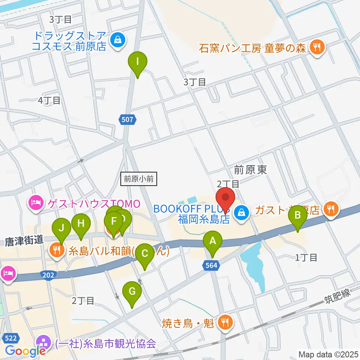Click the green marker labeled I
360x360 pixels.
[x=138, y=61]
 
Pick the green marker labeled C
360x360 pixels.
[x=145, y=254]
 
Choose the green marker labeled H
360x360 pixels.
[x=81, y=225]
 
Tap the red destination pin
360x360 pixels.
[x=225, y=198]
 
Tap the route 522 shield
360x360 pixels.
[x=10, y=338]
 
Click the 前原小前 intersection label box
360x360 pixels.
[x=139, y=179]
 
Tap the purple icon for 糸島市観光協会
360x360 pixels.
[x=43, y=343]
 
